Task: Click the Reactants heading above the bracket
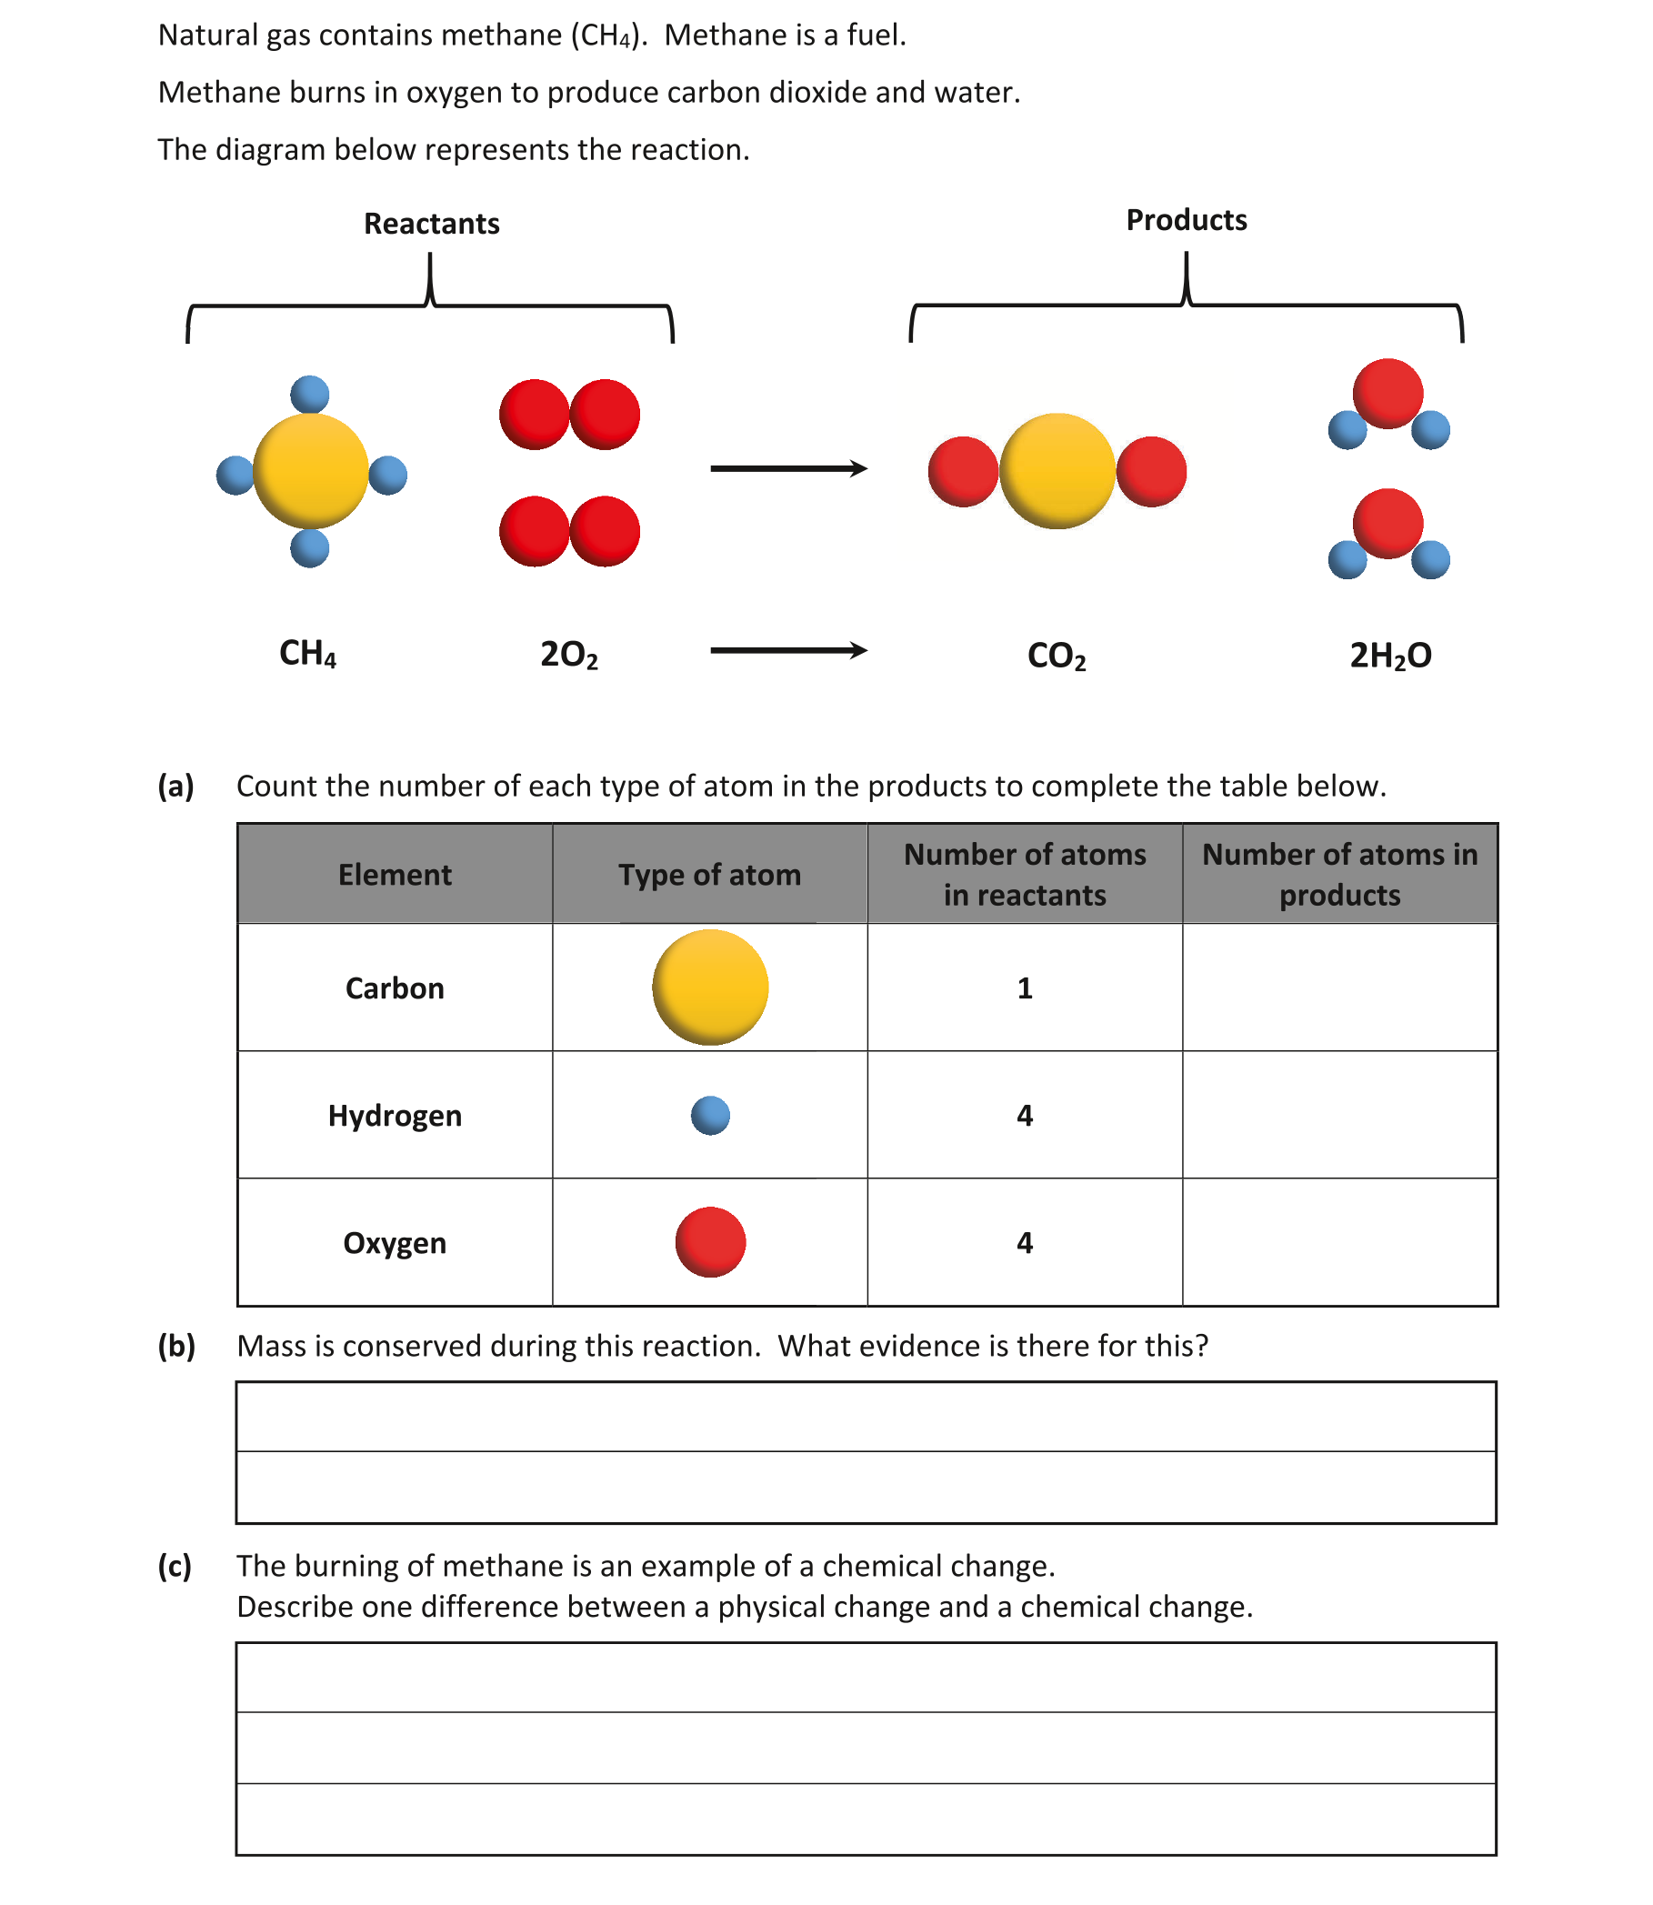(x=431, y=225)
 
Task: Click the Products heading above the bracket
(x=1186, y=220)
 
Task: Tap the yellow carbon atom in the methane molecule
(x=311, y=470)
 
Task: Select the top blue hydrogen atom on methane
(x=310, y=394)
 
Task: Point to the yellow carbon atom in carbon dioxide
(x=1057, y=470)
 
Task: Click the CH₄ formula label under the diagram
(x=308, y=653)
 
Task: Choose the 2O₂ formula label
(x=569, y=654)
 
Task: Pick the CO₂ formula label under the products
(x=1057, y=656)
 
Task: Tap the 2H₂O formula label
(x=1390, y=655)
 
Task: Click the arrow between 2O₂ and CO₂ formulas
(x=788, y=650)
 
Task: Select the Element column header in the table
(x=395, y=875)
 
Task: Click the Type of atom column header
(x=709, y=875)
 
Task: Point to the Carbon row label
(x=395, y=988)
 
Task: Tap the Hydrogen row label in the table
(x=395, y=1116)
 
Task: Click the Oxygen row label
(x=395, y=1243)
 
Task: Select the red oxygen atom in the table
(x=710, y=1242)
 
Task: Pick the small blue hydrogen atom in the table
(x=710, y=1116)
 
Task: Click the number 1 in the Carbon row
(x=1024, y=988)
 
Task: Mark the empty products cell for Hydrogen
(x=1339, y=1116)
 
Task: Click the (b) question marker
(x=176, y=1346)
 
